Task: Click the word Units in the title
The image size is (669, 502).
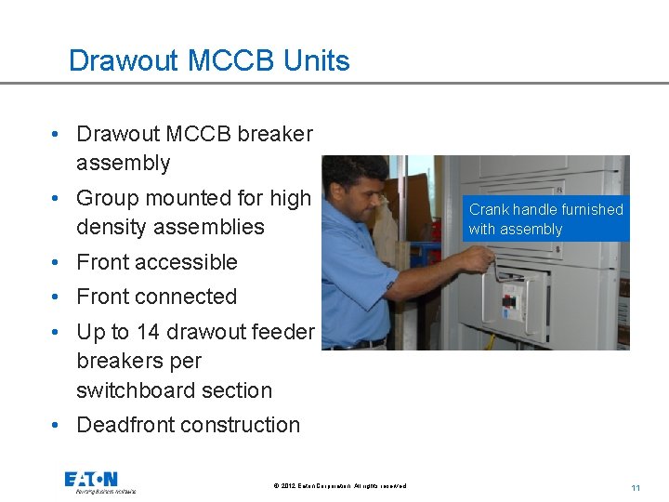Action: click(x=317, y=60)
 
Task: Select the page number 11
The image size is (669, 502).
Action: click(x=636, y=487)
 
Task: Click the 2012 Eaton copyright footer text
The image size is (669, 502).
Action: click(x=340, y=486)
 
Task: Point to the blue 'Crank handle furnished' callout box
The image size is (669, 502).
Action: click(x=545, y=219)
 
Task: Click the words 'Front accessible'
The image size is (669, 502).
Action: click(x=156, y=262)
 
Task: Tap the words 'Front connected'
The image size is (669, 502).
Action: click(x=156, y=297)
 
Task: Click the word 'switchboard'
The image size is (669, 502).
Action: click(x=134, y=390)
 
